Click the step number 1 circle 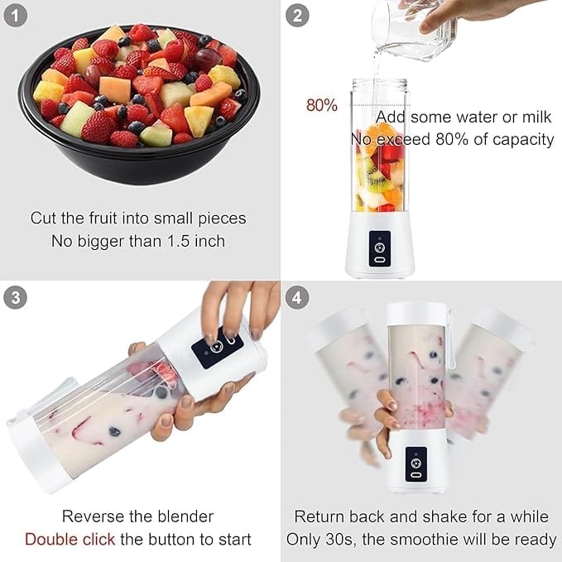coord(15,16)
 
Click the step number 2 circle coord(297,16)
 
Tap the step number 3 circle coord(15,297)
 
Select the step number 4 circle coord(297,297)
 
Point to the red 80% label coord(321,105)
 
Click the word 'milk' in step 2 coord(536,118)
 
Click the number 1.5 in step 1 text coord(178,241)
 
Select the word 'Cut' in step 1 coord(43,218)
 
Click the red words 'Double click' coord(70,539)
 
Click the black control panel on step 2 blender coord(380,248)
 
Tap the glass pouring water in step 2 coord(414,29)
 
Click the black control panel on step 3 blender coord(218,347)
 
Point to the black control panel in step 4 coord(416,464)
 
